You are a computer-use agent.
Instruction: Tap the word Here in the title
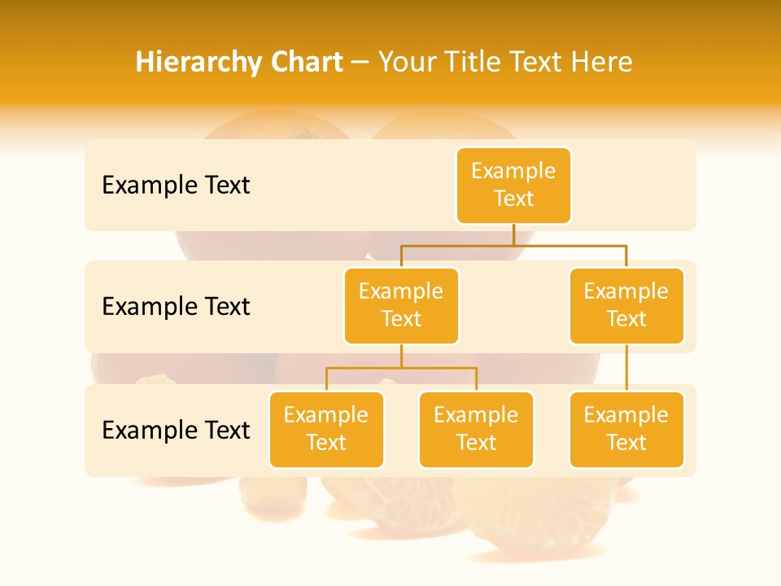[x=602, y=62]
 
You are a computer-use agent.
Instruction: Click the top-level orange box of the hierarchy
[x=513, y=186]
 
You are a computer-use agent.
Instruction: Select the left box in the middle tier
[x=401, y=306]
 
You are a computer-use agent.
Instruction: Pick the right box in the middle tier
[x=626, y=306]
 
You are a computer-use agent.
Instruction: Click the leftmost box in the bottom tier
[x=326, y=430]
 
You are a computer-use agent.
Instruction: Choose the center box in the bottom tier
[x=476, y=430]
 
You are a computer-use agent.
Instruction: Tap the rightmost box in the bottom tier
[x=626, y=430]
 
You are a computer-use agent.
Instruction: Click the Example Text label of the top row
[x=176, y=186]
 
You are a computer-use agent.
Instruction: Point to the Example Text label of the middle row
[x=176, y=307]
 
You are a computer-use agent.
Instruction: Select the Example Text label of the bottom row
[x=176, y=430]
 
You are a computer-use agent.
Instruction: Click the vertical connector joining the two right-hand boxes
[x=626, y=368]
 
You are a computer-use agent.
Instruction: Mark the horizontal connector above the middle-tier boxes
[x=513, y=245]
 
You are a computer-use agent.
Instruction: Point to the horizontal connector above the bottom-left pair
[x=401, y=368]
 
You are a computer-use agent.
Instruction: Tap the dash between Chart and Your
[x=360, y=63]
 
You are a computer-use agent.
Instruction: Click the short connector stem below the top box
[x=513, y=234]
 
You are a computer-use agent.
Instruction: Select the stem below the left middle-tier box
[x=401, y=356]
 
